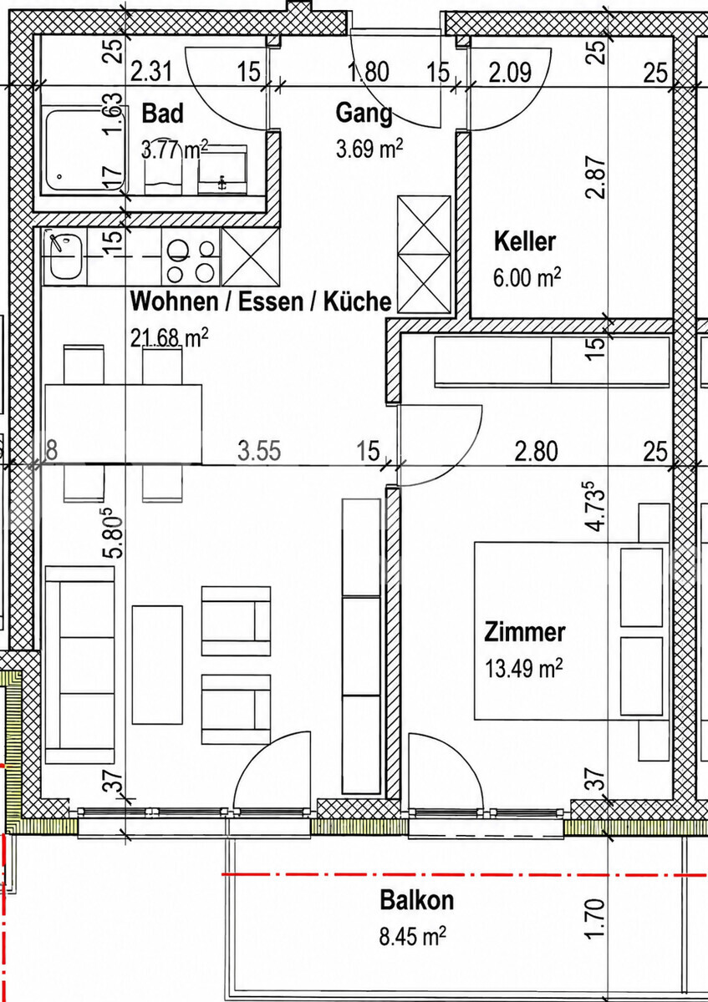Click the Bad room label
tap(162, 114)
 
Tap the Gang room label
tap(364, 114)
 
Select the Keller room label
tap(525, 241)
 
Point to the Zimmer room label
tap(524, 633)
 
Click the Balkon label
tap(416, 900)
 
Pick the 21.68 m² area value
tap(170, 337)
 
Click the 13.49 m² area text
tap(524, 669)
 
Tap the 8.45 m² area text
tap(412, 936)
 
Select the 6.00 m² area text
tap(527, 277)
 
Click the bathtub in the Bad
tap(84, 150)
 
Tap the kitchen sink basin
tap(66, 257)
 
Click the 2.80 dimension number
tap(536, 451)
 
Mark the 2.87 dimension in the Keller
tap(598, 177)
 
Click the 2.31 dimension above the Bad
tap(151, 72)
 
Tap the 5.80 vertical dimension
tap(113, 533)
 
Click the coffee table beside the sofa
tap(157, 665)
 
